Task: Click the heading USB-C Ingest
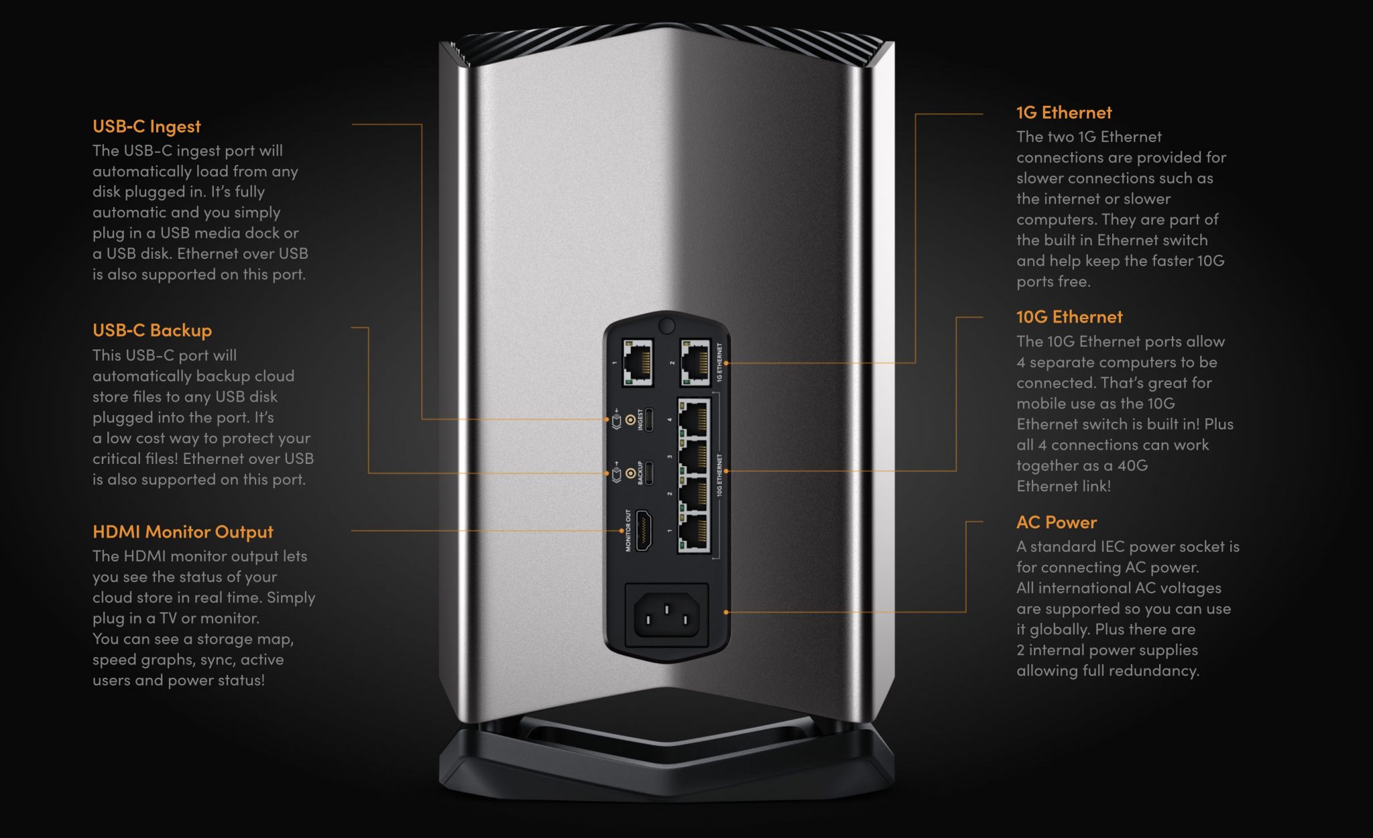(x=146, y=127)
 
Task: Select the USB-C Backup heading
(x=152, y=331)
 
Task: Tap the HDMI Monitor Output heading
(x=182, y=532)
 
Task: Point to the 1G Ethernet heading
(x=1063, y=113)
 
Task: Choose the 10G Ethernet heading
(x=1069, y=317)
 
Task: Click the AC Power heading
(x=1056, y=522)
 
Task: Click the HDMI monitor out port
(x=644, y=530)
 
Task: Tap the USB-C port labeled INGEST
(x=649, y=420)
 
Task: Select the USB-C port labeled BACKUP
(x=649, y=473)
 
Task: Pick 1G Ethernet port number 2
(x=695, y=363)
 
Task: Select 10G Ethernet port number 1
(x=695, y=533)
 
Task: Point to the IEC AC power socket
(x=666, y=615)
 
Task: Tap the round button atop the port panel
(x=666, y=326)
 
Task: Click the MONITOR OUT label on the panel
(x=628, y=530)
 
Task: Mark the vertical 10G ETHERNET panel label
(x=719, y=475)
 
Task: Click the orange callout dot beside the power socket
(x=726, y=612)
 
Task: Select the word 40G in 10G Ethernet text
(x=1132, y=466)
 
